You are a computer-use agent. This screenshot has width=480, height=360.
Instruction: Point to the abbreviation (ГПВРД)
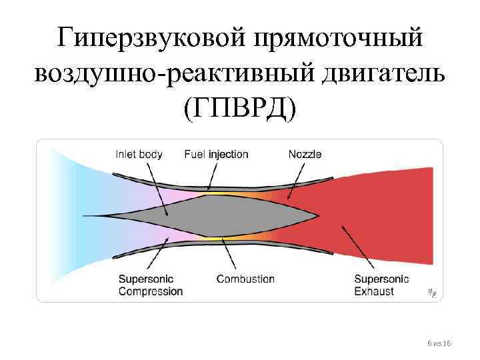(x=239, y=107)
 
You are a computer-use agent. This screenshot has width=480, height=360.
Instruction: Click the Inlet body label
(x=139, y=154)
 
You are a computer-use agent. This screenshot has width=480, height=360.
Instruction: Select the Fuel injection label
(x=216, y=154)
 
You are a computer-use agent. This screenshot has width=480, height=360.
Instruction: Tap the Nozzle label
(x=305, y=154)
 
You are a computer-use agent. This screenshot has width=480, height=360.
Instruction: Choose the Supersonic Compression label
(x=150, y=285)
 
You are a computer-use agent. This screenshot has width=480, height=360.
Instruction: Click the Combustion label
(x=245, y=279)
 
